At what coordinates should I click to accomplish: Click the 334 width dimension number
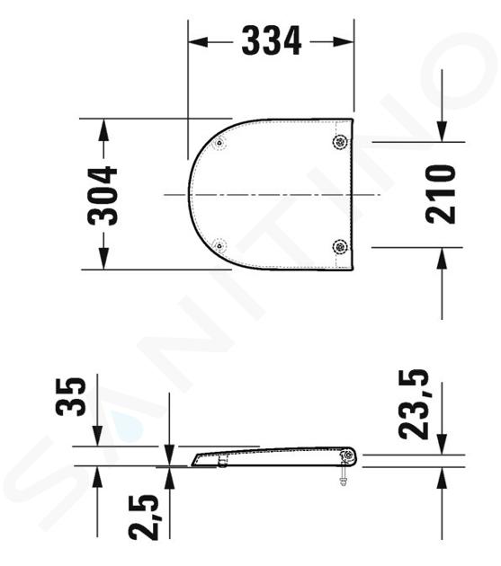click(x=272, y=40)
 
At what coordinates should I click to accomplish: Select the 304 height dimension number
click(x=103, y=196)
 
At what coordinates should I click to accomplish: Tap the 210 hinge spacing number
click(x=441, y=194)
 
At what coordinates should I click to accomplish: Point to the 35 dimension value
click(x=71, y=396)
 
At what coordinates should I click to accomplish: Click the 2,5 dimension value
click(x=144, y=517)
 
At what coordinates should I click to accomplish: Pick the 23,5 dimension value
click(x=414, y=404)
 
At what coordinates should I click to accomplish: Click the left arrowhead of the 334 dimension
click(x=198, y=41)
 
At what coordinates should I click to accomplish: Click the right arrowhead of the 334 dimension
click(x=344, y=41)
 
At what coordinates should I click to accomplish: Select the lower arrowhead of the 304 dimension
click(x=103, y=259)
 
